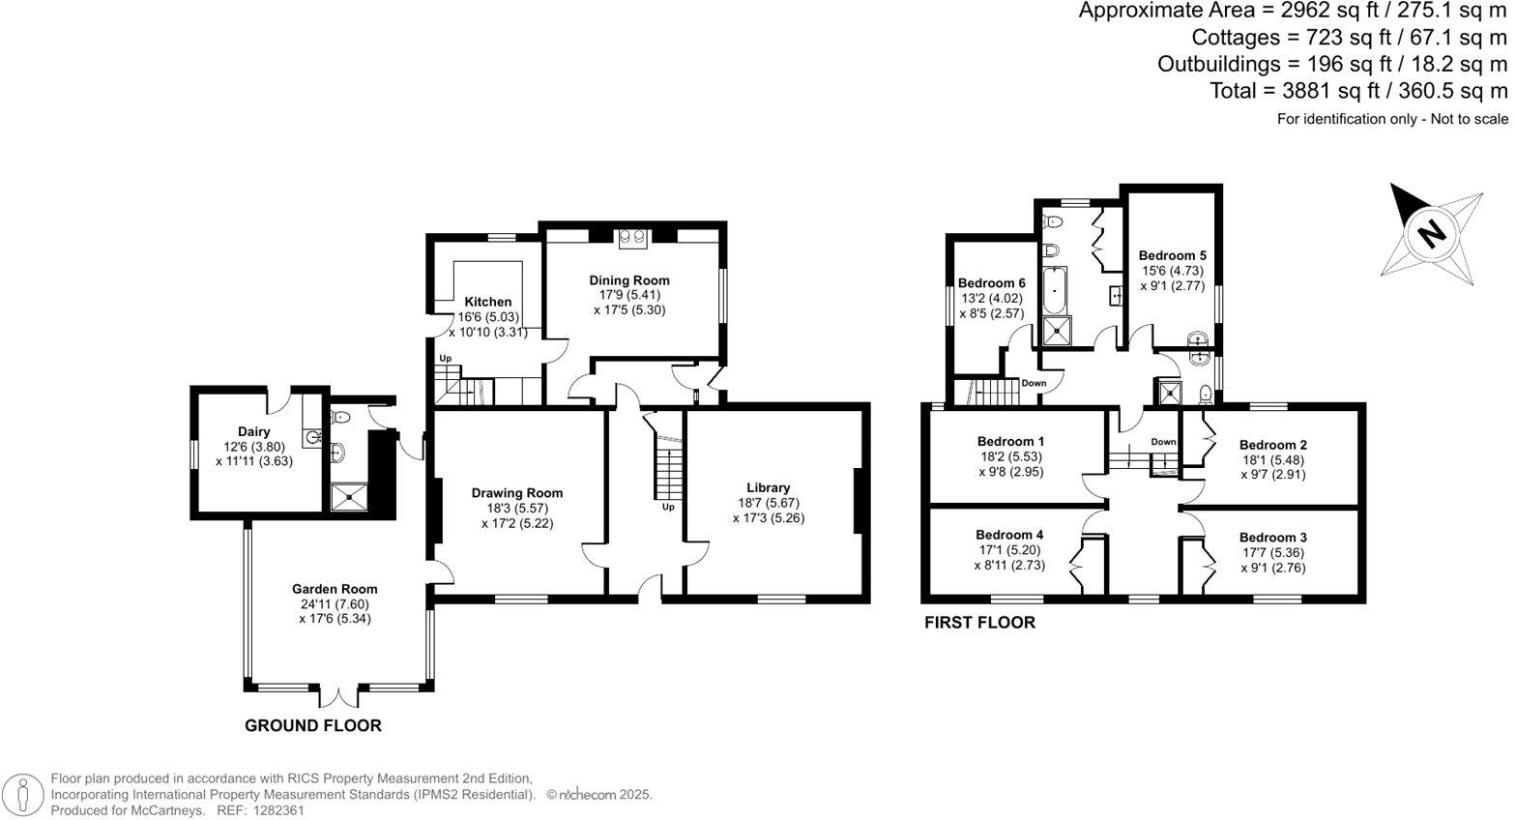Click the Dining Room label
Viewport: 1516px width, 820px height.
tap(629, 280)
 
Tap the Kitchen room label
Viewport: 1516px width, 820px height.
tap(487, 302)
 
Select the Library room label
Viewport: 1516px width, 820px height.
tap(768, 487)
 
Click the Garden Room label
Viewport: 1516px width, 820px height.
tap(335, 589)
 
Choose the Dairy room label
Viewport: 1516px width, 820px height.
tap(254, 431)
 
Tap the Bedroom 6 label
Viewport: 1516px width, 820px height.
tap(991, 283)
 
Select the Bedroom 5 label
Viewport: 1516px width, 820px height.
tap(1173, 256)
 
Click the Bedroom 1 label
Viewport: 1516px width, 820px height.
tap(1010, 441)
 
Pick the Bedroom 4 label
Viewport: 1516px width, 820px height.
tap(1009, 535)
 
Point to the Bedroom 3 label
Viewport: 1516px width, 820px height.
tap(1272, 538)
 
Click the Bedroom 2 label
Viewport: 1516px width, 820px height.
tap(1272, 445)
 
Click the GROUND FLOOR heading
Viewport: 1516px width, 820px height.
tap(312, 725)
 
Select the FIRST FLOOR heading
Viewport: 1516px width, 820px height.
tap(978, 623)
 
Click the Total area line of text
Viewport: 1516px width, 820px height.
tap(1357, 91)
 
